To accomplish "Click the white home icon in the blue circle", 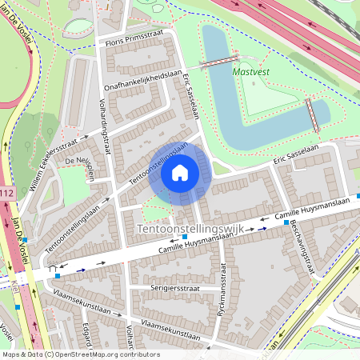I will click(180, 172).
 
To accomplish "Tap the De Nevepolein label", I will click(80, 170).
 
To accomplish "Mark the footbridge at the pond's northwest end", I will click(217, 62).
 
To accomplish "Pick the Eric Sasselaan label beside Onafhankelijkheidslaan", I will click(190, 95).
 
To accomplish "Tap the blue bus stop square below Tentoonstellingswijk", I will click(186, 238).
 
